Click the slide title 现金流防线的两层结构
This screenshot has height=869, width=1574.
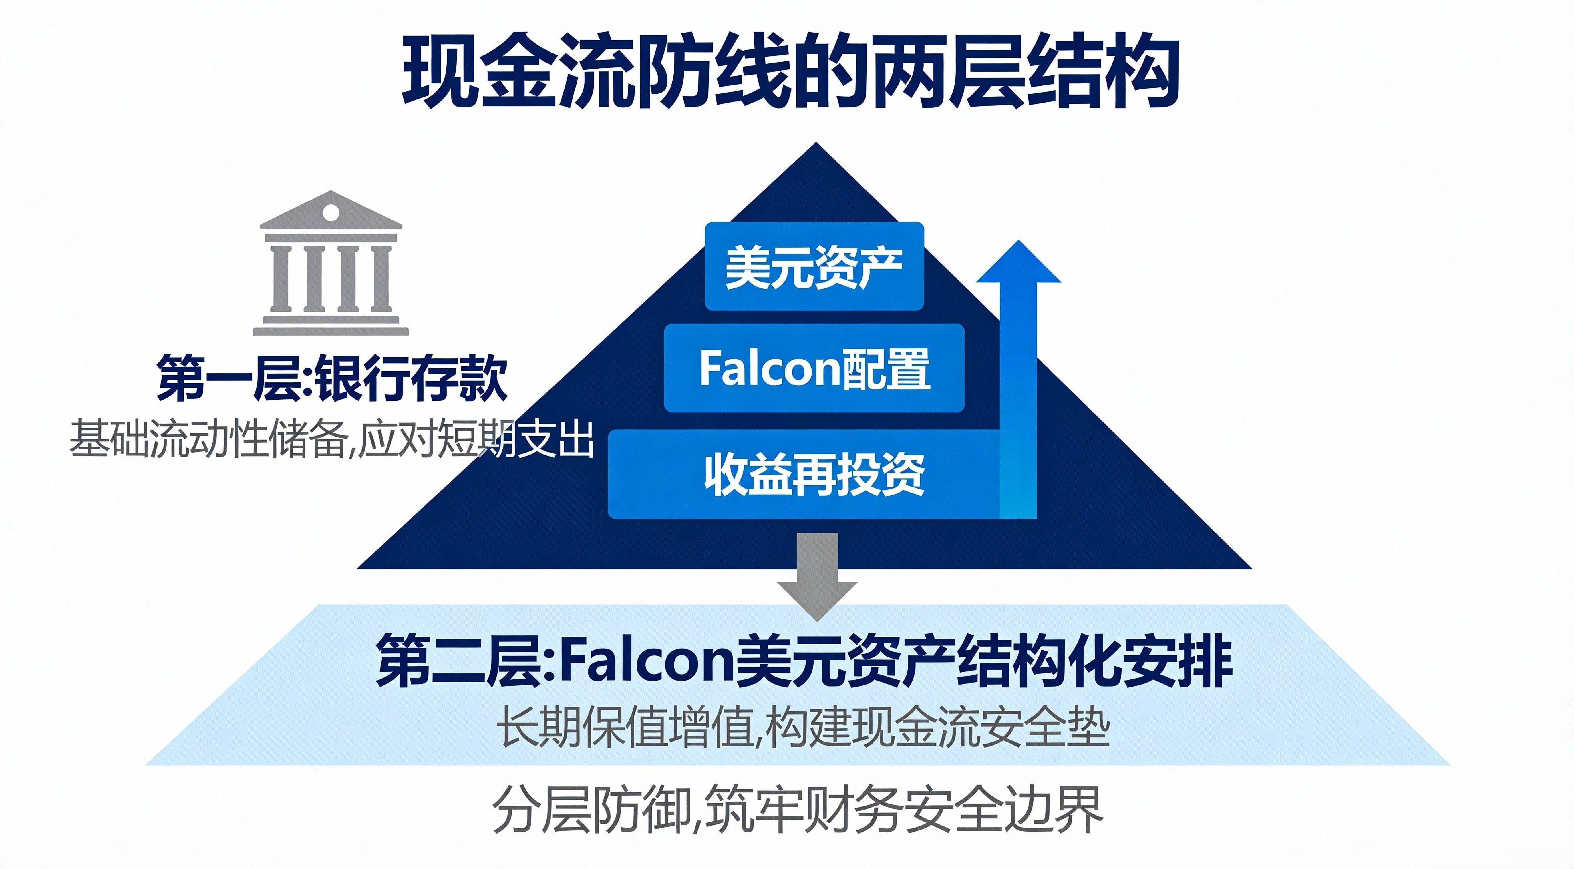click(x=790, y=72)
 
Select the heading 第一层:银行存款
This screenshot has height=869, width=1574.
click(x=332, y=379)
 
